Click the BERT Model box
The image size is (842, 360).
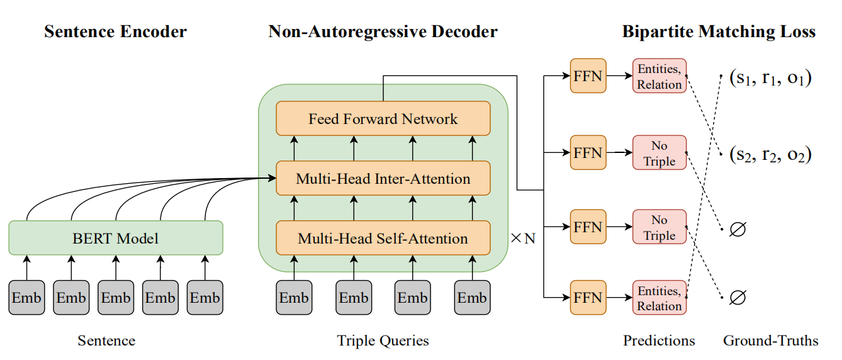pos(116,238)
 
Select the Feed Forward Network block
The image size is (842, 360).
pos(383,118)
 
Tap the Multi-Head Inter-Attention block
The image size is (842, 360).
pos(383,178)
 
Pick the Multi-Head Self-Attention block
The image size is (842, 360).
pos(383,239)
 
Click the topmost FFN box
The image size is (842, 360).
pos(588,76)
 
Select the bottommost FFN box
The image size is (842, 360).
pos(588,298)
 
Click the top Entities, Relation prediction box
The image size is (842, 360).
pos(659,76)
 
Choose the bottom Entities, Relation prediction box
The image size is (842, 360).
pos(659,298)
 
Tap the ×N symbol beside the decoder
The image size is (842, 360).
pos(523,239)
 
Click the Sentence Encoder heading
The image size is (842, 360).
pos(115,31)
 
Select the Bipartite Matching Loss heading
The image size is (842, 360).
pos(719,31)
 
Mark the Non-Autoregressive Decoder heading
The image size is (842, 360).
pos(383,31)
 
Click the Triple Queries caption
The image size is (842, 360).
pos(383,341)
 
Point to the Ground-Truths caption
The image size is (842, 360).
pos(770,341)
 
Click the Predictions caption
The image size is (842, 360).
pos(659,341)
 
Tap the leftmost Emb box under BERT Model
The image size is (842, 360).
pos(26,298)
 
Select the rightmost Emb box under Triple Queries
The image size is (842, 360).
pos(472,298)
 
